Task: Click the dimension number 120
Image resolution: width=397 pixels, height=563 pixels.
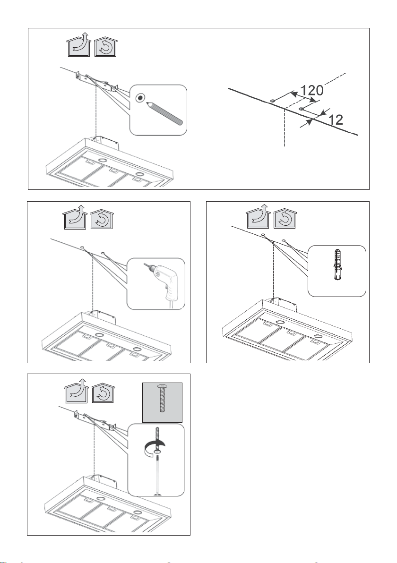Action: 311,90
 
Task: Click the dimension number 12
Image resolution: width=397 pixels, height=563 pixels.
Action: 336,119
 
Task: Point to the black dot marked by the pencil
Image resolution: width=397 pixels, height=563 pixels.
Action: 140,98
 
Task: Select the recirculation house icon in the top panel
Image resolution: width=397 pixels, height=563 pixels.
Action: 105,47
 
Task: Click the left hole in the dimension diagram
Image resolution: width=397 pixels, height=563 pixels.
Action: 272,101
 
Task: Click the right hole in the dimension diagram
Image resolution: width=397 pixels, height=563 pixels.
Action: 302,109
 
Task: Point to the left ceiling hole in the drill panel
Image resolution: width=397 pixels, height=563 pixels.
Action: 83,247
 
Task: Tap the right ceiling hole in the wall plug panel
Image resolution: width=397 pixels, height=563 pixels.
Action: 284,240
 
